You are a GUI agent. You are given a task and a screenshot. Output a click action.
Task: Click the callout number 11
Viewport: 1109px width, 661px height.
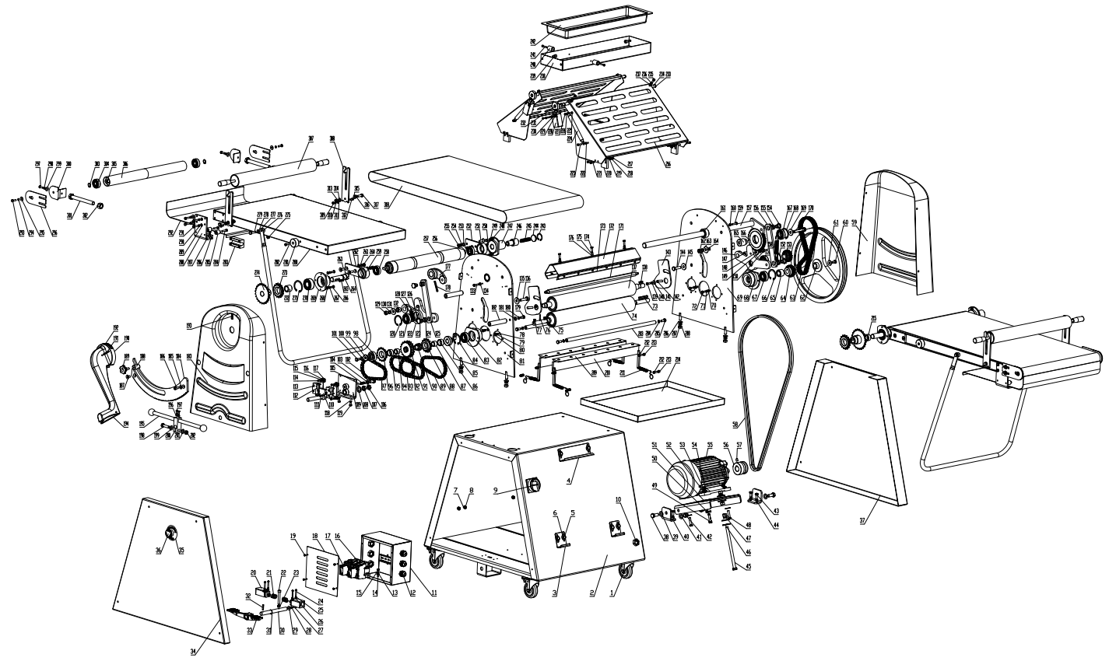point(434,593)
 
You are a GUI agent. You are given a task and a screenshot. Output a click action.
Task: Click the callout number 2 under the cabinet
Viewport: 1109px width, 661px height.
point(592,593)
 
